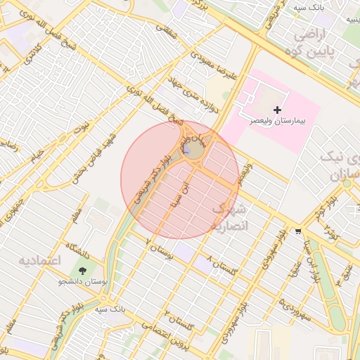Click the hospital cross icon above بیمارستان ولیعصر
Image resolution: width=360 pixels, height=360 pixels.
tap(278, 110)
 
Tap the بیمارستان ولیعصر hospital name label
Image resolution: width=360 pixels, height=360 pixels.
tap(278, 121)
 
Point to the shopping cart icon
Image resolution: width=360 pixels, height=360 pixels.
tap(299, 231)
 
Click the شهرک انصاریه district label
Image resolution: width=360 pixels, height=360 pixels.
tap(230, 217)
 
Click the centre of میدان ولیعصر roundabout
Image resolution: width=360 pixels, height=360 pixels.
tap(196, 150)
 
